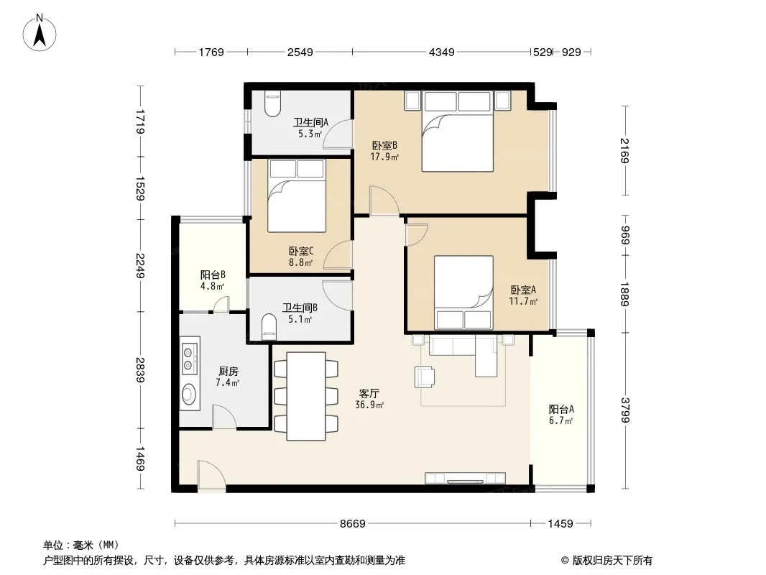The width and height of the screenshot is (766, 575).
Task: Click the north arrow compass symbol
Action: tap(40, 33)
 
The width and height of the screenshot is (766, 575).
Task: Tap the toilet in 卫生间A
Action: tap(272, 103)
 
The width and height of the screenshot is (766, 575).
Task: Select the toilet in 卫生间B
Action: tap(269, 327)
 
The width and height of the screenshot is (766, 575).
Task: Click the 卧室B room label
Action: tap(384, 145)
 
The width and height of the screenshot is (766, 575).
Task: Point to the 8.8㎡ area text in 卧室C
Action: tap(300, 262)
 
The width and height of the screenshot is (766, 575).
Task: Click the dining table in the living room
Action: tap(306, 396)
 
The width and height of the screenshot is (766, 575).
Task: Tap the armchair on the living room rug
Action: tap(425, 377)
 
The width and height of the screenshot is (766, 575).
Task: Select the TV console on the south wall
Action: tap(465, 478)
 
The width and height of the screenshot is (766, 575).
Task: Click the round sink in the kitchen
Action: tap(189, 393)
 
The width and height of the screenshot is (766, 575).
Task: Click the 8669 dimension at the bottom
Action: tap(353, 524)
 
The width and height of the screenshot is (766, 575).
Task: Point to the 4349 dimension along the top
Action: tap(442, 52)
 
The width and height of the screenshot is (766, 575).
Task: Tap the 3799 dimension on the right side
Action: tap(625, 410)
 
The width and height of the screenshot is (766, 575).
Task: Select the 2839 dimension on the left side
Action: tap(141, 370)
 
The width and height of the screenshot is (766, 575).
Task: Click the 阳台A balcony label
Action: tap(560, 410)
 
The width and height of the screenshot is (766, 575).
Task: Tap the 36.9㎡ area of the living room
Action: tap(369, 405)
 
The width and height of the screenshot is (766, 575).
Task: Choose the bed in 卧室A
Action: tap(463, 292)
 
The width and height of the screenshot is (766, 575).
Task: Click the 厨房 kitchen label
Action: tap(228, 372)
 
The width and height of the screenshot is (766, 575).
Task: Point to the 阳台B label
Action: tap(213, 275)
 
